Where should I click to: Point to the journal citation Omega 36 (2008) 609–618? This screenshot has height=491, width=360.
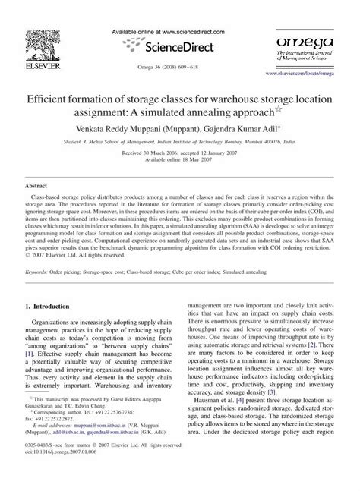click(x=180, y=67)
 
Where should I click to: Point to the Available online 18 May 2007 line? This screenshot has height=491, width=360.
click(x=179, y=150)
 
